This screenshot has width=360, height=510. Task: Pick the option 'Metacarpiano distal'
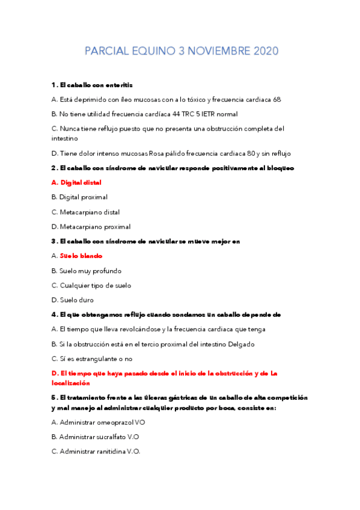90,212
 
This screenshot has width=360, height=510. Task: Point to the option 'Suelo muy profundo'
90,271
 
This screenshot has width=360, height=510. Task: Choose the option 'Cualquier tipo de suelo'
96,286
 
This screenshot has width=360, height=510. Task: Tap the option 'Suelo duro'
76,300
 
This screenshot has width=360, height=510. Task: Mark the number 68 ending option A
276,100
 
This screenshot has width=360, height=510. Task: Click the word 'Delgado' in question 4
240,345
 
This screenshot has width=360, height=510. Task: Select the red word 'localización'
71,382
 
